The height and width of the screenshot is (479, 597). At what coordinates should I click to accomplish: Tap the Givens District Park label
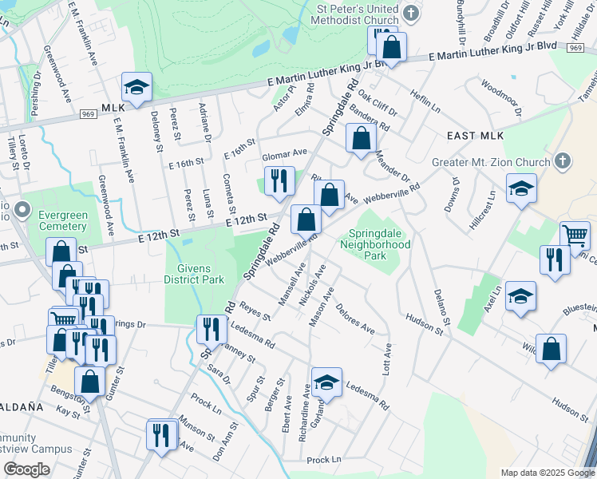pyautogui.click(x=193, y=275)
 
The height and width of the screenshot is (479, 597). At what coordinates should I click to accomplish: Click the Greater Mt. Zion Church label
pyautogui.click(x=492, y=161)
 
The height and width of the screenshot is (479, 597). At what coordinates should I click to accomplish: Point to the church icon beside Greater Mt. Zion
pyautogui.click(x=562, y=161)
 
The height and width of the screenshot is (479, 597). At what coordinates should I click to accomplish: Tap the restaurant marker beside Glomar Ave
pyautogui.click(x=279, y=180)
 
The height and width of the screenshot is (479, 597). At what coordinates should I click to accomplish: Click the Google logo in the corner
pyautogui.click(x=26, y=469)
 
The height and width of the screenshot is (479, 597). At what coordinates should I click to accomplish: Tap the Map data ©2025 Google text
pyautogui.click(x=546, y=473)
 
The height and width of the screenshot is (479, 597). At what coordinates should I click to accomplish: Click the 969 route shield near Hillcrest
pyautogui.click(x=575, y=48)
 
